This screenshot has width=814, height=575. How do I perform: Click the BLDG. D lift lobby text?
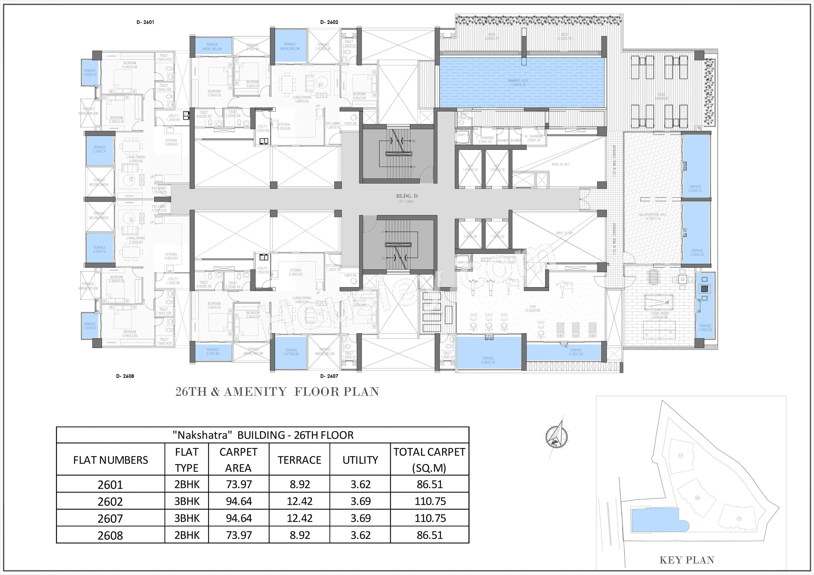pyautogui.click(x=407, y=196)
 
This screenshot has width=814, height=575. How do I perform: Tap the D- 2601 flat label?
pyautogui.click(x=145, y=22)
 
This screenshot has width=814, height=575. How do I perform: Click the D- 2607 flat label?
pyautogui.click(x=329, y=376)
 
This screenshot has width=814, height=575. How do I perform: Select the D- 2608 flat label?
pyautogui.click(x=125, y=376)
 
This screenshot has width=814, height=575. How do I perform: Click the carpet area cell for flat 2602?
pyautogui.click(x=239, y=501)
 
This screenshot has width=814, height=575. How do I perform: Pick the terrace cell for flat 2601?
pyautogui.click(x=300, y=484)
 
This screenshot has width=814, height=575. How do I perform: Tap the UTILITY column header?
pyautogui.click(x=360, y=460)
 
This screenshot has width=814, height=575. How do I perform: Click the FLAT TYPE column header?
pyautogui.click(x=187, y=460)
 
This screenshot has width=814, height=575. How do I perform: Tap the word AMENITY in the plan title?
pyautogui.click(x=255, y=392)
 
